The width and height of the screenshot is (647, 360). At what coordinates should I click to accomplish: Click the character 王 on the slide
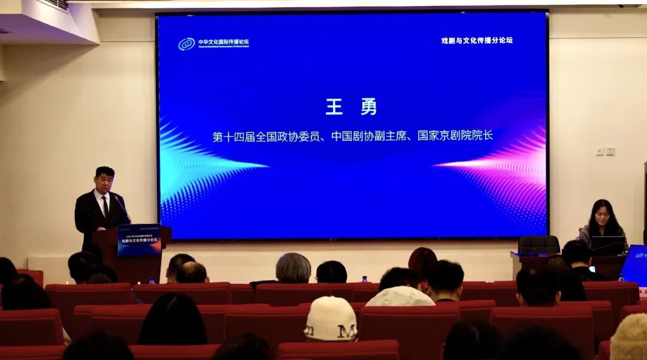point(334,107)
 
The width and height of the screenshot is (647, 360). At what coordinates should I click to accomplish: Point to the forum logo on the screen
point(187,44)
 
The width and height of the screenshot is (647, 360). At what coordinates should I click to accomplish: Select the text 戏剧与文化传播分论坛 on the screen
point(477,40)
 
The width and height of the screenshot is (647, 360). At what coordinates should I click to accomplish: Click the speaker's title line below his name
point(352,136)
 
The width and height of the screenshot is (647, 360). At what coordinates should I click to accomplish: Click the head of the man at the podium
point(104,179)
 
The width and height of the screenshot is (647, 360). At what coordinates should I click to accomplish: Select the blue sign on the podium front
point(139,240)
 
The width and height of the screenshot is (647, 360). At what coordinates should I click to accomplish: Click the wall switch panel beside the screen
point(605,151)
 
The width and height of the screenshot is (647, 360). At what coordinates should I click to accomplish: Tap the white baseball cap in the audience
point(331,318)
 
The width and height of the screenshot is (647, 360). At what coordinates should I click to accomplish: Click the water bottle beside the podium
point(152,280)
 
